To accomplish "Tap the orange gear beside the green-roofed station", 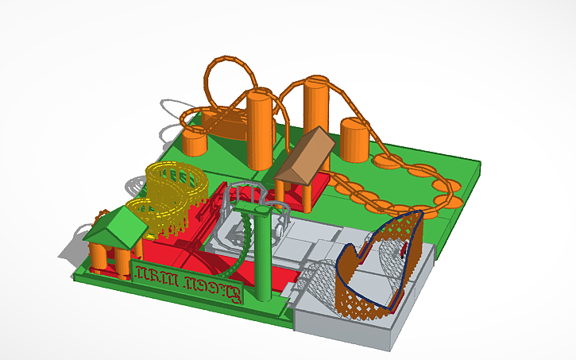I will click(101, 215).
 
